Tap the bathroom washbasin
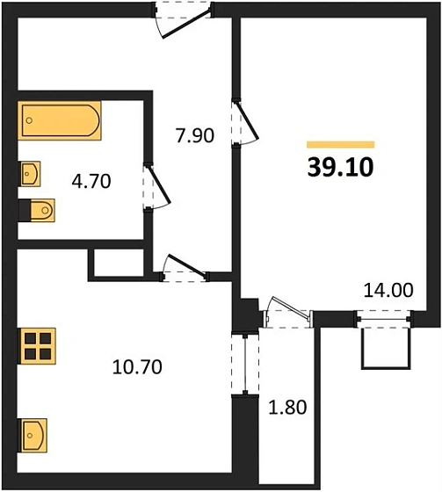32,173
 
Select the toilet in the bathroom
37,210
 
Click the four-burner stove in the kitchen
38,345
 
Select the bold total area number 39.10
340,167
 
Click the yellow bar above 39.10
340,144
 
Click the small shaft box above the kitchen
116,263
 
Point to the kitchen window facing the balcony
235,364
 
